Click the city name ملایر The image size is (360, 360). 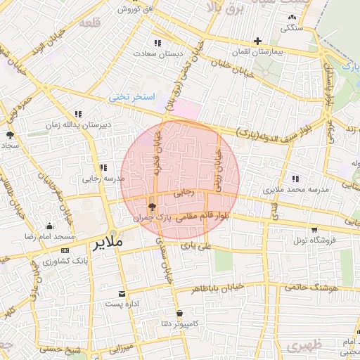pos(107,243)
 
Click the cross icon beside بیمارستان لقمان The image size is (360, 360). pos(258,41)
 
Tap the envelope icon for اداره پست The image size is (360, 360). pos(123,293)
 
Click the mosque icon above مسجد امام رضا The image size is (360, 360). pos(49,226)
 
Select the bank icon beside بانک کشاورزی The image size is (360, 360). pos(65,250)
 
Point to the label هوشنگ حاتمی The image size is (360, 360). pos(312,288)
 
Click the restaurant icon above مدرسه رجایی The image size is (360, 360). pos(103,167)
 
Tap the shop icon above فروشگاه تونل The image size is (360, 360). pos(313,229)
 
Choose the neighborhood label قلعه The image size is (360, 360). pos(90,22)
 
